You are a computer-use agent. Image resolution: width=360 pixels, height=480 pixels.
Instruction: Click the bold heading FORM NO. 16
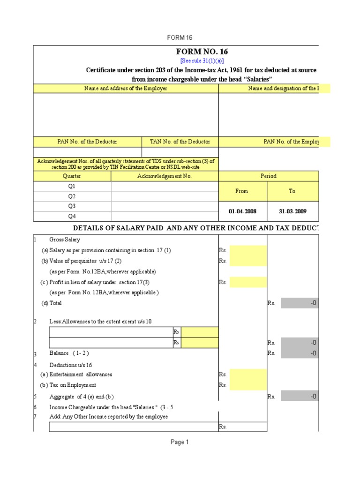coord(202,52)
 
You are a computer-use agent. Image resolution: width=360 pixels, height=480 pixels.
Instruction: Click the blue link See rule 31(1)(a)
coord(202,61)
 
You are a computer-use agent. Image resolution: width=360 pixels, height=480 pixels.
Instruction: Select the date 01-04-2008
coord(242,211)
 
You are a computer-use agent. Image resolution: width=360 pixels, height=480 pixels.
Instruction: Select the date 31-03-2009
coord(292,211)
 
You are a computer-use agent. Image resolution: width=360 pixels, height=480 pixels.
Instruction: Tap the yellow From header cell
coord(242,191)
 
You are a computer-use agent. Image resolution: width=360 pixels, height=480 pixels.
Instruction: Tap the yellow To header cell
coord(292,191)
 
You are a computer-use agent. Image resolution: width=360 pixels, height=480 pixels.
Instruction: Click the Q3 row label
coord(72,206)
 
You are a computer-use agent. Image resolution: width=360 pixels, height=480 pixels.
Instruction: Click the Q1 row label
coord(72,186)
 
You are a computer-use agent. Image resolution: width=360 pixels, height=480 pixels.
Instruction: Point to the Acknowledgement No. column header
coord(165,176)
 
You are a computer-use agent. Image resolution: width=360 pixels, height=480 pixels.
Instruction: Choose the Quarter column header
coord(72,176)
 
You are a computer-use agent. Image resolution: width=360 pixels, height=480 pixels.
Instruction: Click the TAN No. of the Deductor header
coord(180,142)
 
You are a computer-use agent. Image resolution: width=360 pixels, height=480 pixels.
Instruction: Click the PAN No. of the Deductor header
coord(87,142)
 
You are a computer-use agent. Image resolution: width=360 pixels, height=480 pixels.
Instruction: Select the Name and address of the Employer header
coord(126,89)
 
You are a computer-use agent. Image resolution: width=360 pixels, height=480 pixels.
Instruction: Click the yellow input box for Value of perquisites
coord(248,261)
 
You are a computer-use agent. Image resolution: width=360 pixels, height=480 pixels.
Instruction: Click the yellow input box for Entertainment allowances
coord(248,375)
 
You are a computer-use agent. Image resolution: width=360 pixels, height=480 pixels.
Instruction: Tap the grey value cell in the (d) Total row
coord(300,303)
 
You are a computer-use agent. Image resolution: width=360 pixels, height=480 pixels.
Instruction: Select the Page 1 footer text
coord(180,442)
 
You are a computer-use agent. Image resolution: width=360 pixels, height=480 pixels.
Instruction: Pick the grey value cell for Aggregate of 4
coord(300,397)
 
